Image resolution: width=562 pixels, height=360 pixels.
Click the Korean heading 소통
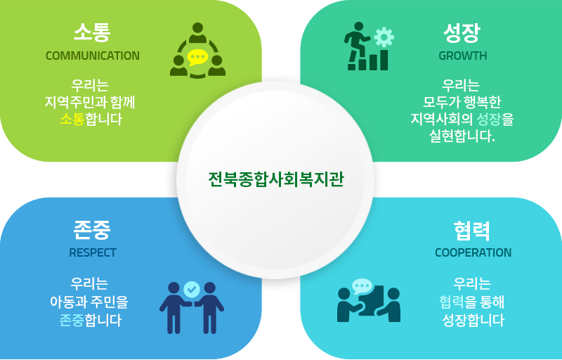point(92,32)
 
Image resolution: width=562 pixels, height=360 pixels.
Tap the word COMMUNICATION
point(93,56)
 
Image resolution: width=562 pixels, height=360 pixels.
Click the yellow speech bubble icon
point(197,58)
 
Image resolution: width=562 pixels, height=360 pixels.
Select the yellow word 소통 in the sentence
point(72,119)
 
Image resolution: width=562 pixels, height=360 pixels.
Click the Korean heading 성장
point(462,33)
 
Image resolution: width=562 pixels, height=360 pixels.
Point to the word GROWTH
point(463,56)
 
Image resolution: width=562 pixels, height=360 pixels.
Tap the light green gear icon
point(384,37)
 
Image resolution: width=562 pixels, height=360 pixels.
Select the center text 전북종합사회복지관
point(276,179)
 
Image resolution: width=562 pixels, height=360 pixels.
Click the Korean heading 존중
point(92,230)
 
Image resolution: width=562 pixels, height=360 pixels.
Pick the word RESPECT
point(93,253)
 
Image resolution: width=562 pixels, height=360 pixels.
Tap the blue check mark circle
point(192,290)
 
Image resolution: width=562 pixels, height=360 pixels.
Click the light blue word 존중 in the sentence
point(72,320)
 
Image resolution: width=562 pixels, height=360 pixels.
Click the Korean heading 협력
point(471,231)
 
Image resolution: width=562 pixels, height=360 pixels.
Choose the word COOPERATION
point(473,253)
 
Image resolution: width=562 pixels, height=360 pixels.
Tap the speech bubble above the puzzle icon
point(362,286)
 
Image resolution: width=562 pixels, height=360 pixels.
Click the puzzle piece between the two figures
point(372,300)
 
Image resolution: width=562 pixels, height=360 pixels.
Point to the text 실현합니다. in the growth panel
point(462,136)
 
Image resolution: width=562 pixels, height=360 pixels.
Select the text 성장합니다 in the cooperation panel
point(473,320)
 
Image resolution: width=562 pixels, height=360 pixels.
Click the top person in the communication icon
point(197,33)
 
